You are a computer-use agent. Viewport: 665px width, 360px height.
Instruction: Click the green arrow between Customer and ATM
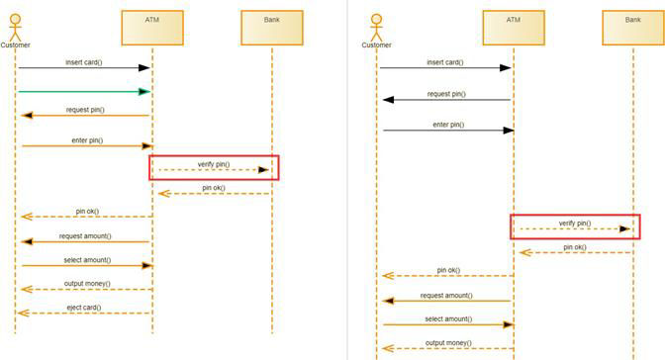point(84,92)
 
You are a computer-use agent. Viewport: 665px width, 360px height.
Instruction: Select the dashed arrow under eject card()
point(84,314)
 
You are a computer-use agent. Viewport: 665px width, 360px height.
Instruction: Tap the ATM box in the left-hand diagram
point(151,27)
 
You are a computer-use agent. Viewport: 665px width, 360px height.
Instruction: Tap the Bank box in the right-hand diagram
point(632,27)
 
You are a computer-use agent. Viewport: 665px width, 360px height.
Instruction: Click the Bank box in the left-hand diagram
point(271,27)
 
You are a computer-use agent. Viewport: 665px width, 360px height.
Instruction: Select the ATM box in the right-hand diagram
point(513,27)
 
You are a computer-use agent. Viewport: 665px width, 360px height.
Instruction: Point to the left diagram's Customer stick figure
point(16,25)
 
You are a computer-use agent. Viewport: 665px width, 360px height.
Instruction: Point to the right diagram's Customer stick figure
point(376,25)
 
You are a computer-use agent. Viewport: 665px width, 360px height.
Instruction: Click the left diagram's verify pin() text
point(214,162)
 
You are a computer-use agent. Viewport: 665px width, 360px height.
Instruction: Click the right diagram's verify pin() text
point(575,223)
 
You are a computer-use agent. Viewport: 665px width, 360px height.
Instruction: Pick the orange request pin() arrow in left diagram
point(84,116)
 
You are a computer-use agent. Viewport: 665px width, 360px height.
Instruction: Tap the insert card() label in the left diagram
point(85,61)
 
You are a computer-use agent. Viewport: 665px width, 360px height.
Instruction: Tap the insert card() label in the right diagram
point(445,61)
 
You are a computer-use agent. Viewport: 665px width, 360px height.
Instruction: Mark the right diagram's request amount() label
point(446,295)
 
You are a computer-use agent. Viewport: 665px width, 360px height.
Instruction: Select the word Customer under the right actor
point(376,45)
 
